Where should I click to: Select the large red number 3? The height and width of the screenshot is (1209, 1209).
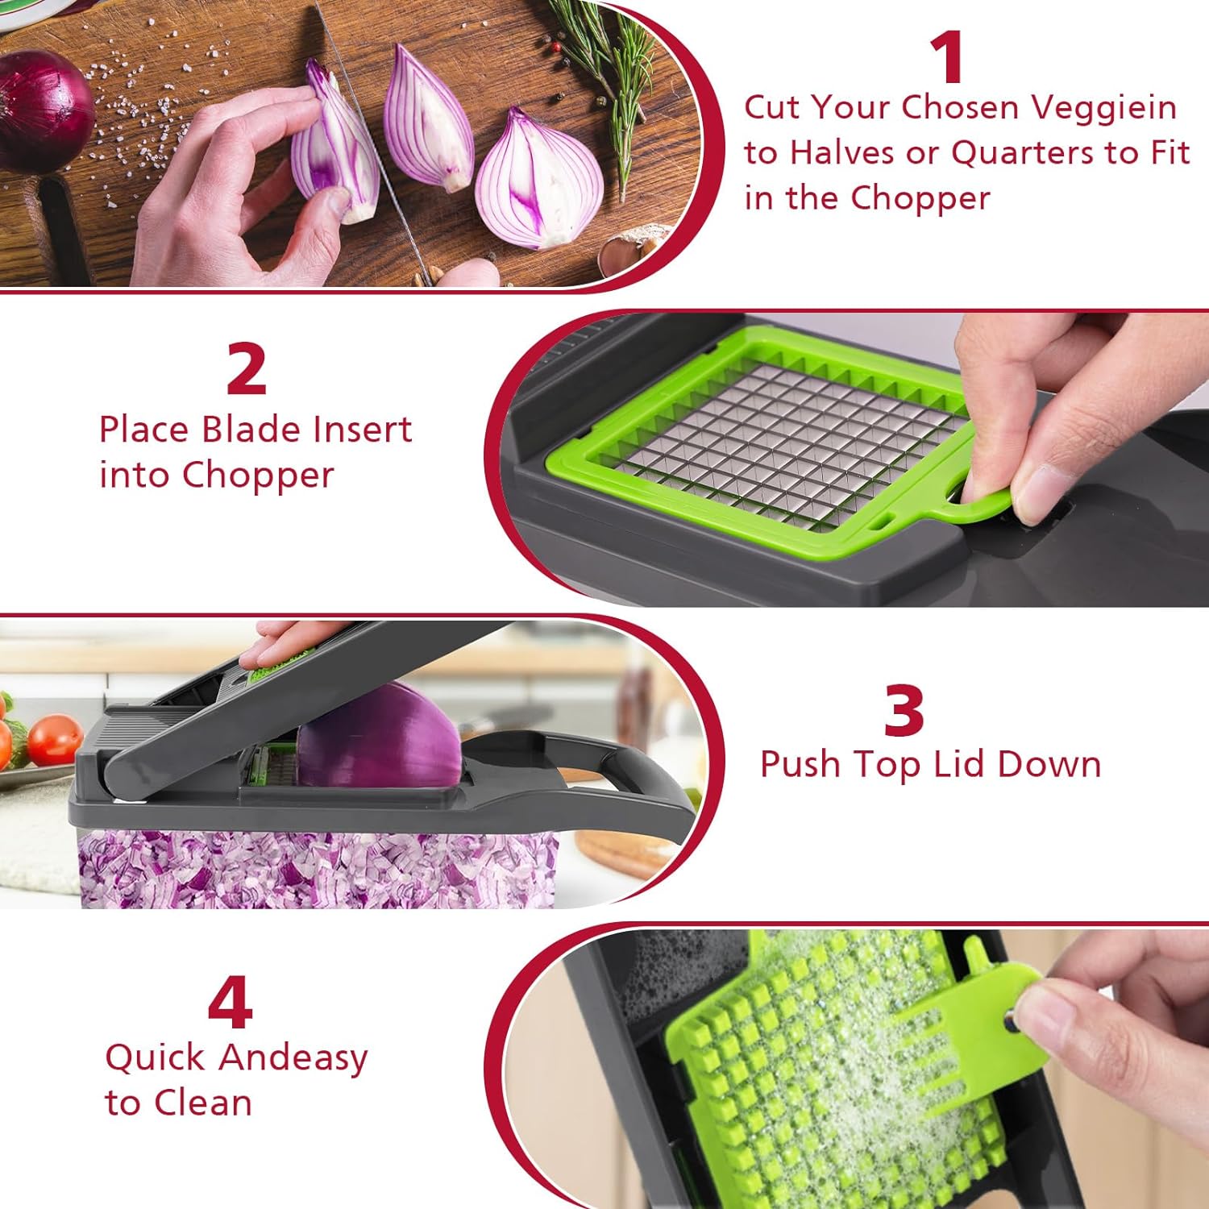(x=904, y=710)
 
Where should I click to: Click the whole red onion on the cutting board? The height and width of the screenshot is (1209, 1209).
(x=44, y=109)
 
